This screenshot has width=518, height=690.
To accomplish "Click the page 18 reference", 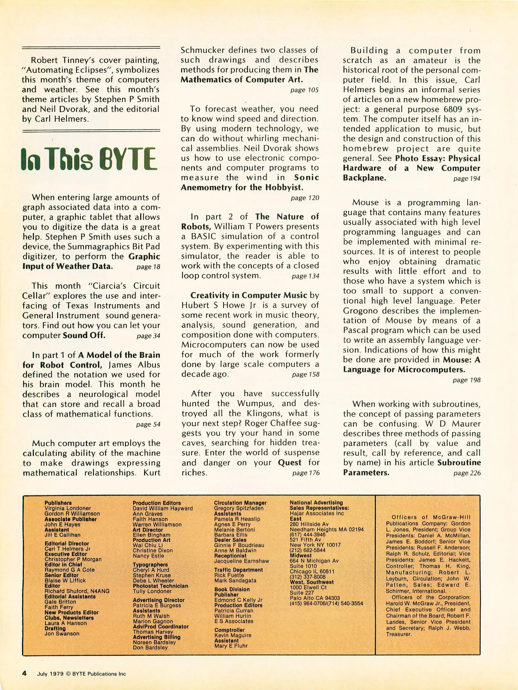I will [x=148, y=267].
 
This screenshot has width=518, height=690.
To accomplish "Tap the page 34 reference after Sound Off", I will [x=148, y=336].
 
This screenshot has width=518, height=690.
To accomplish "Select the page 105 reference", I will [x=304, y=90].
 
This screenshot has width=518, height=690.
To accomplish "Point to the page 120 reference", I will [x=305, y=198].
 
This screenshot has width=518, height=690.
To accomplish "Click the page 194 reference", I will [x=467, y=179].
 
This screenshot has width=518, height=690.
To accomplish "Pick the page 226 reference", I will [x=467, y=473].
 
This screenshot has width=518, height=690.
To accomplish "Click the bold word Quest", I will [x=290, y=463].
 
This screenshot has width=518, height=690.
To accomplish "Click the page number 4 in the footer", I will [x=24, y=673].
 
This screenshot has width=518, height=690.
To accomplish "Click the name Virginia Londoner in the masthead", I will [x=68, y=508].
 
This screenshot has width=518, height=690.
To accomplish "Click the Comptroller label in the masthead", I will [x=229, y=630].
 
